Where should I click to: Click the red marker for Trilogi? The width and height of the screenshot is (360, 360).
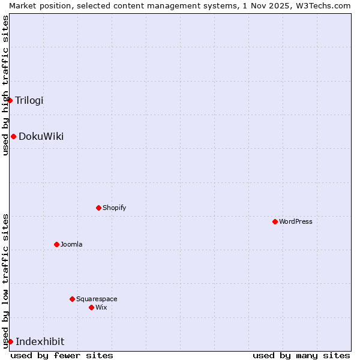coord(10,100)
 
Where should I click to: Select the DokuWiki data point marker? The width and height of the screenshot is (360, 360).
coord(13,136)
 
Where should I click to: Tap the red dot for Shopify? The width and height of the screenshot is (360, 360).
coord(98,208)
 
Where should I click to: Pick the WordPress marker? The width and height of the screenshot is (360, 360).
coord(275,221)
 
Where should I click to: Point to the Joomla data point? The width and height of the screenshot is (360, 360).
coord(56,244)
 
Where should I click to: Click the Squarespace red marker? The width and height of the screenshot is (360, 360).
coord(72,299)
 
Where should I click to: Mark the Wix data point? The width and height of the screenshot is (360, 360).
coord(91,307)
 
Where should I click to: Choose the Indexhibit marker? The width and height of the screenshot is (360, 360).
coord(10,341)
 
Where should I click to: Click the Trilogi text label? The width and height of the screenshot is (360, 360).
coord(29,100)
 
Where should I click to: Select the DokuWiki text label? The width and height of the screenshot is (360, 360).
coord(41,136)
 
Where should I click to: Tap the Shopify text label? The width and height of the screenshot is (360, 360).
coord(114,208)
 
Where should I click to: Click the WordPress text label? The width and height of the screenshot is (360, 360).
coord(295,221)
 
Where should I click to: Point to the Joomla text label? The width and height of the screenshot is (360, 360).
coord(71,244)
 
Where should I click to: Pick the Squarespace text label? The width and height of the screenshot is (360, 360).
coord(97,299)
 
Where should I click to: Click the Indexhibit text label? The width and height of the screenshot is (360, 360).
coord(40,341)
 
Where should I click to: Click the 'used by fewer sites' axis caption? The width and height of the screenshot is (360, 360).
coord(62,355)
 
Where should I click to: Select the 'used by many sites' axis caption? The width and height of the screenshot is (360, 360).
coord(301,355)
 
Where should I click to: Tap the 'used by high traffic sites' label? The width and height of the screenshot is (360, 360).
coord(5,85)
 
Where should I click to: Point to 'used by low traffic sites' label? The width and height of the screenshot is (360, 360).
coord(5,280)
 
